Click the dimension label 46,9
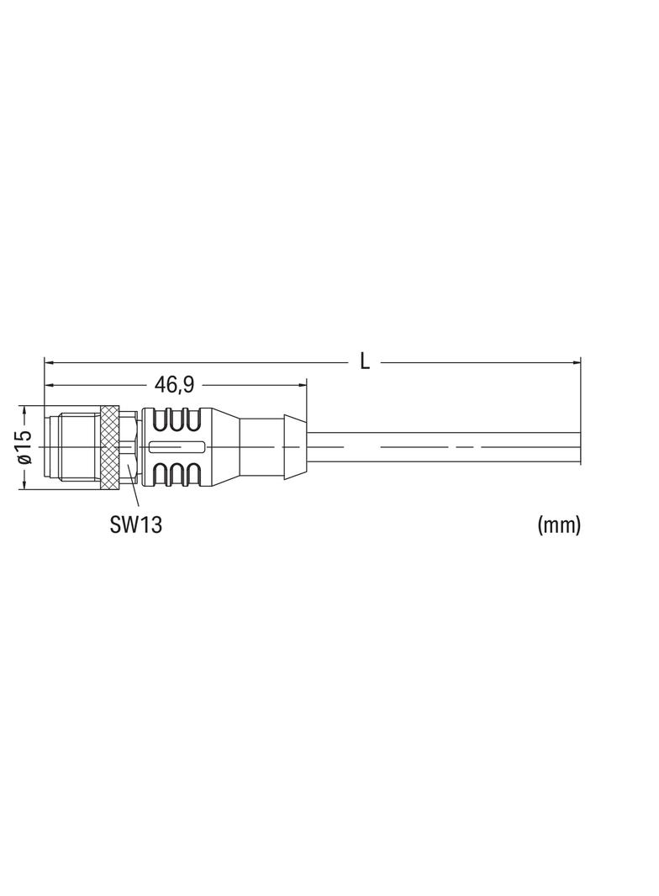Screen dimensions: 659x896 (x=174, y=385)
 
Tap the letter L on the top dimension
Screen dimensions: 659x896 (x=365, y=361)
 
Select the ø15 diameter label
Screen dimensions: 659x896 (x=24, y=447)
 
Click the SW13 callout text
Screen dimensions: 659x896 (x=135, y=524)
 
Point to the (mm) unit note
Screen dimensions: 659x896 (x=558, y=524)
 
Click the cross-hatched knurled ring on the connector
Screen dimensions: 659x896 (x=110, y=447)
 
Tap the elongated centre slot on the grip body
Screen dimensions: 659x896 (x=176, y=447)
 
